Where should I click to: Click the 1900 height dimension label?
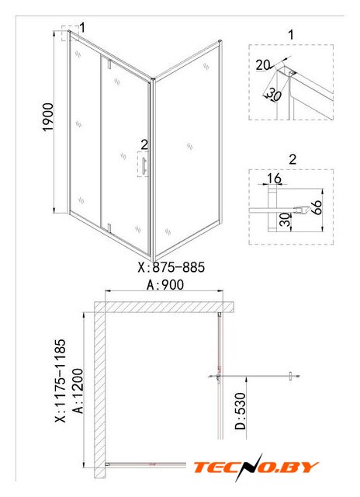48,117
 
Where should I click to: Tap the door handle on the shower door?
144,166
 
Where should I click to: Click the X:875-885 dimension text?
171,267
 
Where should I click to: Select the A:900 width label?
165,285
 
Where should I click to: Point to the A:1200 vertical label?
78,391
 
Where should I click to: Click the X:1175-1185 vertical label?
61,381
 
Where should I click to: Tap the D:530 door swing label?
241,411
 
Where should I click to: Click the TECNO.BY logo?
256,467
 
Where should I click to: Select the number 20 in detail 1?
263,65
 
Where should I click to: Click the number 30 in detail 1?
274,95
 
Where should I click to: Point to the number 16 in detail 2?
274,179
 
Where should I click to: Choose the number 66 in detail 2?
317,207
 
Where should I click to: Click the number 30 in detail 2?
286,220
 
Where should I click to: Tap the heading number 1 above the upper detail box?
291,34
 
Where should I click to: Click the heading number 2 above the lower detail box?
292,158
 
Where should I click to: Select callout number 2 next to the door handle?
144,145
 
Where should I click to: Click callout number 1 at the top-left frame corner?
82,28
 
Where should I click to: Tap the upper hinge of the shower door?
109,64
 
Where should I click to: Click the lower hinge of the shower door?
109,228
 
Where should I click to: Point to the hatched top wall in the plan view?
164,308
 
